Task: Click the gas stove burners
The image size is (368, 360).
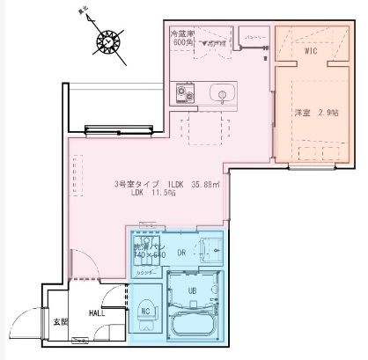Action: (186, 92)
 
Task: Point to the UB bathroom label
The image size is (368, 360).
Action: (191, 290)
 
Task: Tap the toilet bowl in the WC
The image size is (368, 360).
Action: (146, 312)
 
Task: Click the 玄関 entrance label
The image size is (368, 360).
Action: (60, 322)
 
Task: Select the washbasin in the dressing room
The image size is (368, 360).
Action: (210, 246)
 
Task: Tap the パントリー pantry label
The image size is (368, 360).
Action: (256, 36)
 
